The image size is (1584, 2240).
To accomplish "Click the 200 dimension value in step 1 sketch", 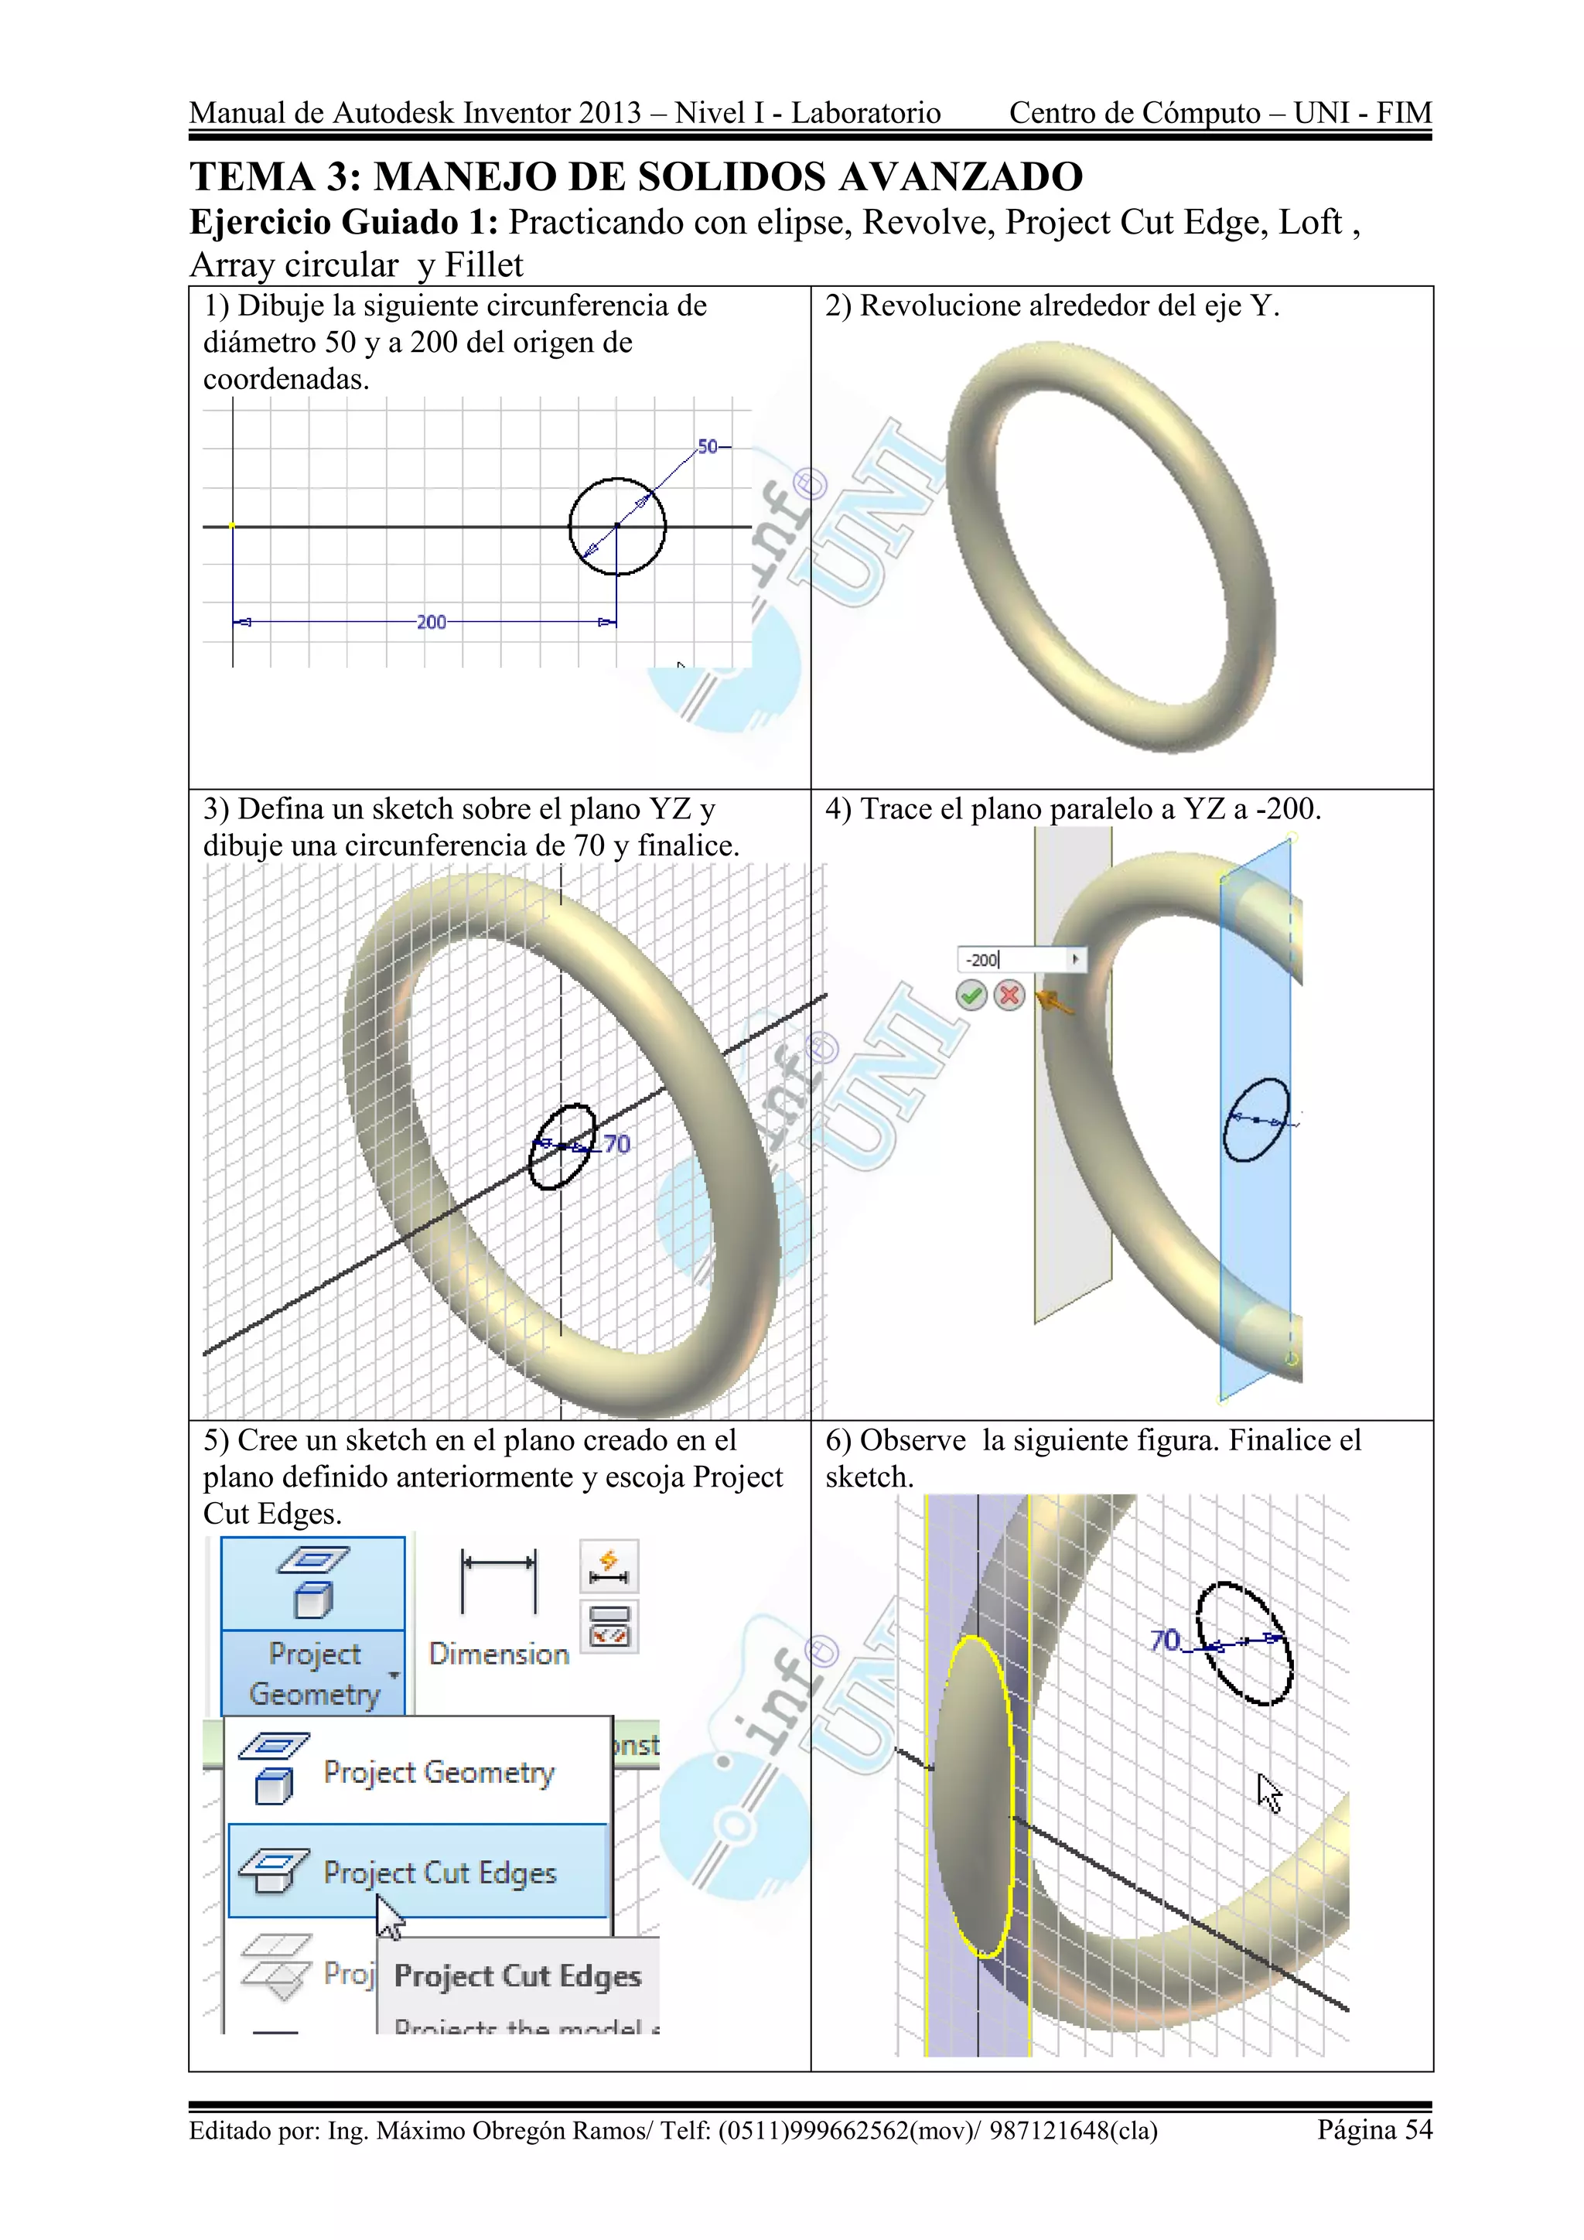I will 430,621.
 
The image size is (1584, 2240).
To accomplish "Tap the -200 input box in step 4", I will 1015,959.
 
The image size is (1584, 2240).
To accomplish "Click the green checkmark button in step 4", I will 971,995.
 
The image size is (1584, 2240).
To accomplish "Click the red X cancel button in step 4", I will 1009,995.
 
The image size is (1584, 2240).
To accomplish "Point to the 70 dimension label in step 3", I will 616,1143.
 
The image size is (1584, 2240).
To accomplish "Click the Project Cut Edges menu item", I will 439,1872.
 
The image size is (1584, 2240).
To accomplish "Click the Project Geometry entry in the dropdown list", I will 439,1772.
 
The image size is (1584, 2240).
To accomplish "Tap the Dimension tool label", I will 498,1654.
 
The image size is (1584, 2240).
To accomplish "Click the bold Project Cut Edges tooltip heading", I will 517,1975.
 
